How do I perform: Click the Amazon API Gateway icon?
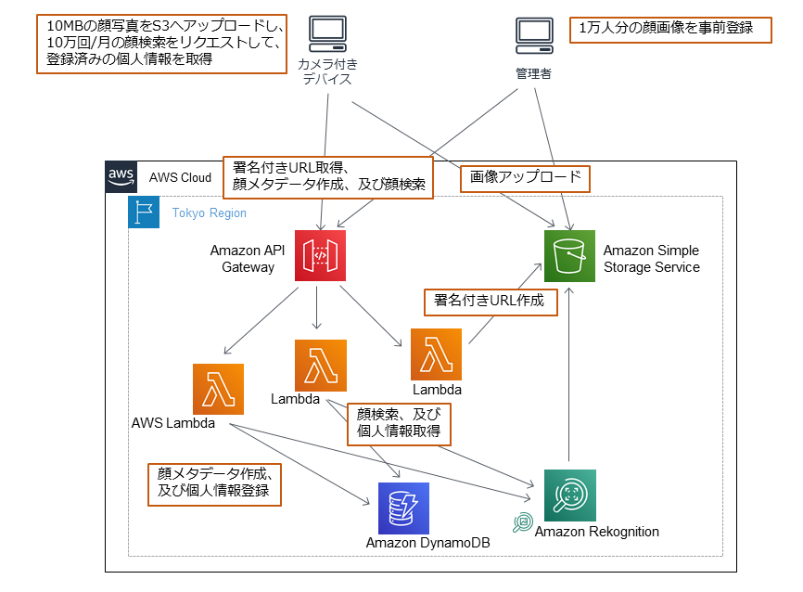pyautogui.click(x=320, y=254)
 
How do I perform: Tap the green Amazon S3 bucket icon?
pyautogui.click(x=568, y=255)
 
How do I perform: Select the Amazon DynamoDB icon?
pyautogui.click(x=403, y=508)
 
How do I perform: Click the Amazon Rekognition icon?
pyautogui.click(x=569, y=495)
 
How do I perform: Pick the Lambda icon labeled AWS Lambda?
pyautogui.click(x=218, y=389)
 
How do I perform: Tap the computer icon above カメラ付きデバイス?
pyautogui.click(x=326, y=35)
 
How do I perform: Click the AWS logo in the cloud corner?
pyautogui.click(x=121, y=177)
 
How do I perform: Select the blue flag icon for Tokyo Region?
pyautogui.click(x=144, y=212)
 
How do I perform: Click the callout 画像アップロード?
pyautogui.click(x=525, y=178)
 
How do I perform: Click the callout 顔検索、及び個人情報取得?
pyautogui.click(x=399, y=422)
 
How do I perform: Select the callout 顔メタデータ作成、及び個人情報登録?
pyautogui.click(x=214, y=482)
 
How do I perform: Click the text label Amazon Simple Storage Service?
pyautogui.click(x=651, y=259)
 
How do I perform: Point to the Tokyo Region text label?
pyautogui.click(x=209, y=213)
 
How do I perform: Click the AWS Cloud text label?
pyautogui.click(x=180, y=177)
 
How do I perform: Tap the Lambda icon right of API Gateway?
pyautogui.click(x=436, y=354)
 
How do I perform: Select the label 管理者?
pyautogui.click(x=533, y=73)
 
